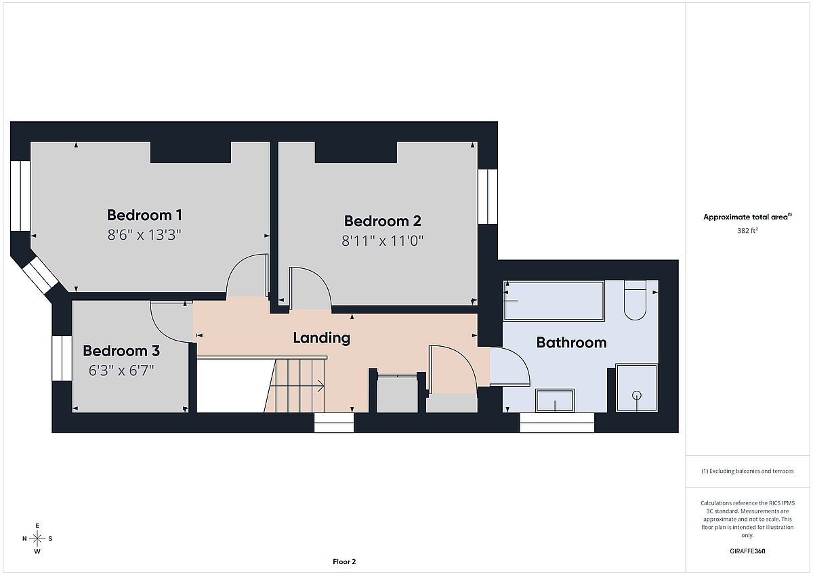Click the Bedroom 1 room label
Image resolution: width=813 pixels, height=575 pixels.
[x=144, y=215]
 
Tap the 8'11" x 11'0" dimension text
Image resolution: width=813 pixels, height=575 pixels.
[x=383, y=240]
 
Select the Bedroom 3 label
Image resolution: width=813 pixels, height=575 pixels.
[x=121, y=351]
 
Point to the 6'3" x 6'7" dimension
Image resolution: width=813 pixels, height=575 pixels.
[x=121, y=370]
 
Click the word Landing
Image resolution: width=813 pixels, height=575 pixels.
[x=322, y=338]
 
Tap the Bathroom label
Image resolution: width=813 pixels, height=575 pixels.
[x=571, y=343]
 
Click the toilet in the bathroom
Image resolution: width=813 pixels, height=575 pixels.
[x=635, y=299]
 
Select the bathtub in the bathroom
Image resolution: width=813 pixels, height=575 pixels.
[x=554, y=301]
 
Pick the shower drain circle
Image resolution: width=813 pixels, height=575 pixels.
[x=637, y=395]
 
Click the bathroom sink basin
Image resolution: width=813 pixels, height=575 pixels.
[x=555, y=400]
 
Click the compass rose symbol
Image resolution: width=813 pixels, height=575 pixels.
[x=37, y=538]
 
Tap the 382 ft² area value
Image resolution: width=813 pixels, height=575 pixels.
[x=747, y=230]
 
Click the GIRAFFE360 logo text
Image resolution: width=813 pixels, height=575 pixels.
[x=747, y=551]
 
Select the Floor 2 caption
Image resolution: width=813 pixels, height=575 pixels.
[x=344, y=561]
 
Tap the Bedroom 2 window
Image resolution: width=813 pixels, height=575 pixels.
[x=487, y=196]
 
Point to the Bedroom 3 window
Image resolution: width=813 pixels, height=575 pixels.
[x=62, y=358]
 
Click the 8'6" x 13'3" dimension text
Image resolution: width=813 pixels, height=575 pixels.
[x=144, y=235]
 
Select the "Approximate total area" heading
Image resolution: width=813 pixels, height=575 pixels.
[x=747, y=217]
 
